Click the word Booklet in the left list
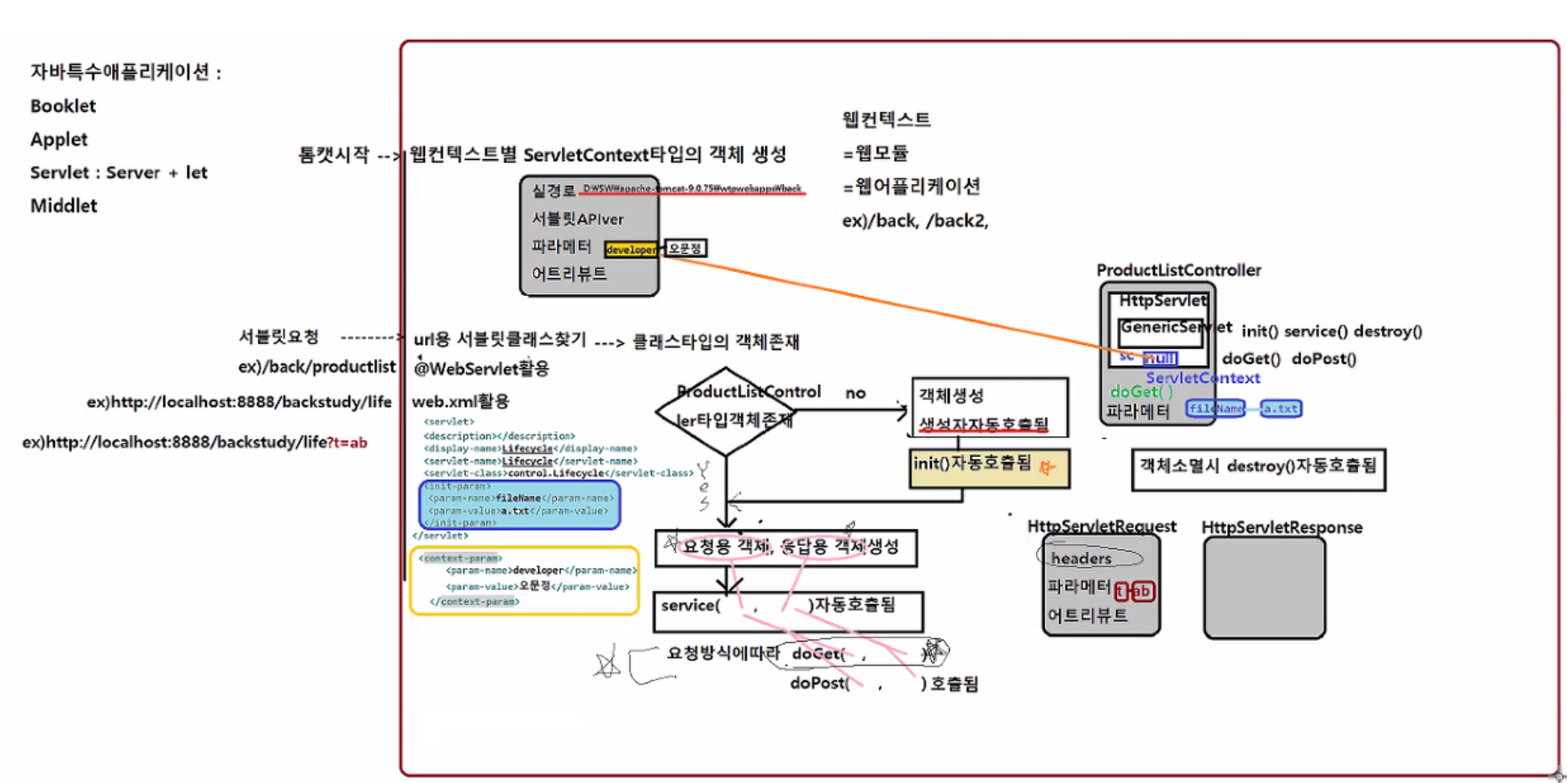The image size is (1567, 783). tap(62, 106)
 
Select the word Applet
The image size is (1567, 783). tap(59, 140)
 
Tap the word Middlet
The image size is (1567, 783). tap(63, 206)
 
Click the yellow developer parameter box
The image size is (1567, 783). tap(631, 250)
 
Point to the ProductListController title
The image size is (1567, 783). tap(1178, 270)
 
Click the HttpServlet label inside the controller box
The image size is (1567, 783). tap(1161, 301)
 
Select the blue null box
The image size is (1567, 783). tap(1160, 358)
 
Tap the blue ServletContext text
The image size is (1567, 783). tap(1202, 378)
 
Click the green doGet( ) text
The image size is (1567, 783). tap(1141, 392)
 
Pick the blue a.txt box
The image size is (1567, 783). tap(1281, 409)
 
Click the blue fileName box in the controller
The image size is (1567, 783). tap(1215, 409)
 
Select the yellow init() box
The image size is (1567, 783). tap(989, 467)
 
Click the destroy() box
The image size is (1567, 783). tap(1258, 468)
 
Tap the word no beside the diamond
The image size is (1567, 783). tap(856, 393)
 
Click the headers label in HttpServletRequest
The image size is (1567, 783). tap(1081, 559)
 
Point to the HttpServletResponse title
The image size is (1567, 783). tap(1282, 527)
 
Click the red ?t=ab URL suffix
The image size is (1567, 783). tap(347, 443)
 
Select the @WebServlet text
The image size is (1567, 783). tap(481, 368)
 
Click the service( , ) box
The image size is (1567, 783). tap(788, 611)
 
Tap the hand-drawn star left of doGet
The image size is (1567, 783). tap(608, 664)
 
